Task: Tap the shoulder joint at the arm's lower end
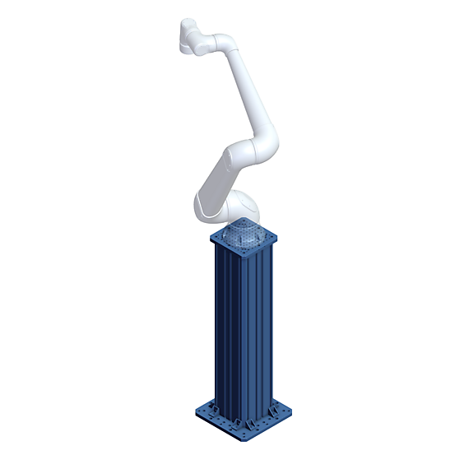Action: pos(206,206)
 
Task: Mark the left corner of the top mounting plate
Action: pos(212,239)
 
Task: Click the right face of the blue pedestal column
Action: pos(262,329)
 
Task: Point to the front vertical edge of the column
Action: pos(246,337)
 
